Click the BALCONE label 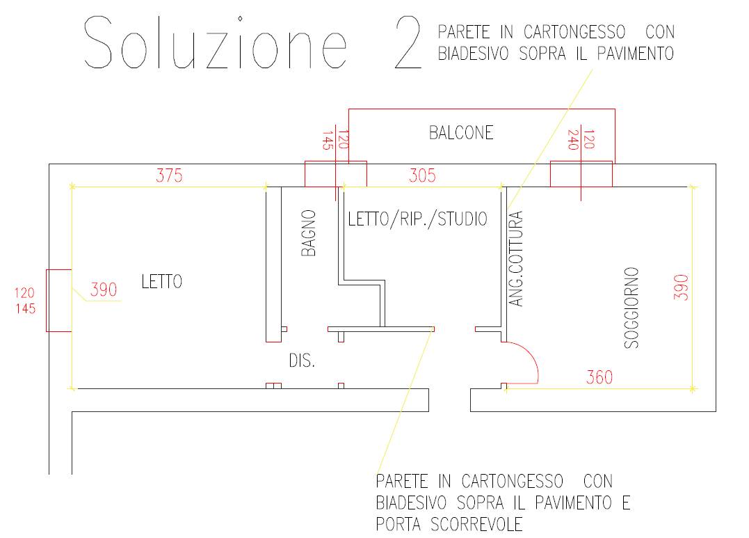461,132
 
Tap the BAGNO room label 309,233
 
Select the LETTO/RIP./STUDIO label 417,219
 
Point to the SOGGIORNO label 631,308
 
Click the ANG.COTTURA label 516,259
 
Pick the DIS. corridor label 302,361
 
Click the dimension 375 169,175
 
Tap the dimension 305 422,175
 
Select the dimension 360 599,377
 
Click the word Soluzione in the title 215,42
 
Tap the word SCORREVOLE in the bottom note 476,525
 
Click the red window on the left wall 58,301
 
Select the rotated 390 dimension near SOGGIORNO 681,287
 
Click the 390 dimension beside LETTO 104,290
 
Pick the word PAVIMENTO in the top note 636,53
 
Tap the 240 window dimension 574,140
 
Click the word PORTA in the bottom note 398,525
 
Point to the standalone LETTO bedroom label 162,281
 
